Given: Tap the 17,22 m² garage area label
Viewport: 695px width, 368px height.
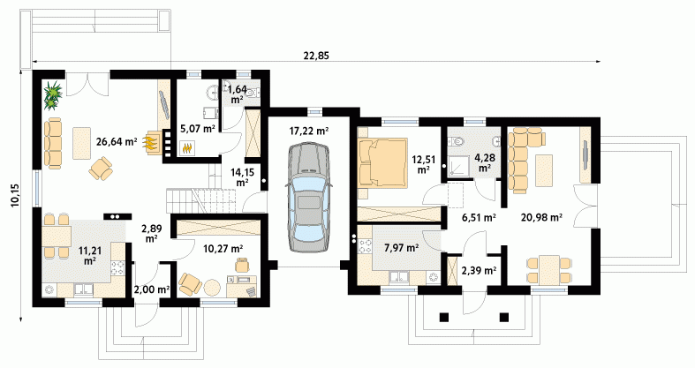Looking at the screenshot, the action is (x=308, y=131).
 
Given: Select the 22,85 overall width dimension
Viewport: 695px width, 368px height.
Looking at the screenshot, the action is (x=316, y=56).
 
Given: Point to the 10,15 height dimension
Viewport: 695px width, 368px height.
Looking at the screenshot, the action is (x=14, y=194).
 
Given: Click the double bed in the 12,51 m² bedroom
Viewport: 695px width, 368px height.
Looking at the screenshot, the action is (x=382, y=162).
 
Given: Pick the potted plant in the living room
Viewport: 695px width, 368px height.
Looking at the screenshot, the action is (x=53, y=94).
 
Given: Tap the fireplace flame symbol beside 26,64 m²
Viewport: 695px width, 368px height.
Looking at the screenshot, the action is (x=151, y=144).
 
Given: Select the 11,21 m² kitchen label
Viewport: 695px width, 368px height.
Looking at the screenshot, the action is (x=90, y=256).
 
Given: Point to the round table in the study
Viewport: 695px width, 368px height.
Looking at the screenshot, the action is (x=212, y=287).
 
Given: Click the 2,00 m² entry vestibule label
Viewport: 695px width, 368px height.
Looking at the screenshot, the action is (x=152, y=290).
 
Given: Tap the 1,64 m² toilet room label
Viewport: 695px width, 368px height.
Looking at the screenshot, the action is (x=238, y=94).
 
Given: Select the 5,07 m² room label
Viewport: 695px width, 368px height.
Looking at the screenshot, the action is (x=197, y=130).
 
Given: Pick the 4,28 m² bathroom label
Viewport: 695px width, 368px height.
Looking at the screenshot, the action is (x=485, y=162).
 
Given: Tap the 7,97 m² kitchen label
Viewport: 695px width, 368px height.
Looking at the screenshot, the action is (x=402, y=249).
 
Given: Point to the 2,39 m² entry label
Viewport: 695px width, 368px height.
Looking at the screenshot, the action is (x=479, y=271).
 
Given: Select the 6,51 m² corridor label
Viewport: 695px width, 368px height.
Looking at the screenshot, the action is (x=479, y=217).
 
